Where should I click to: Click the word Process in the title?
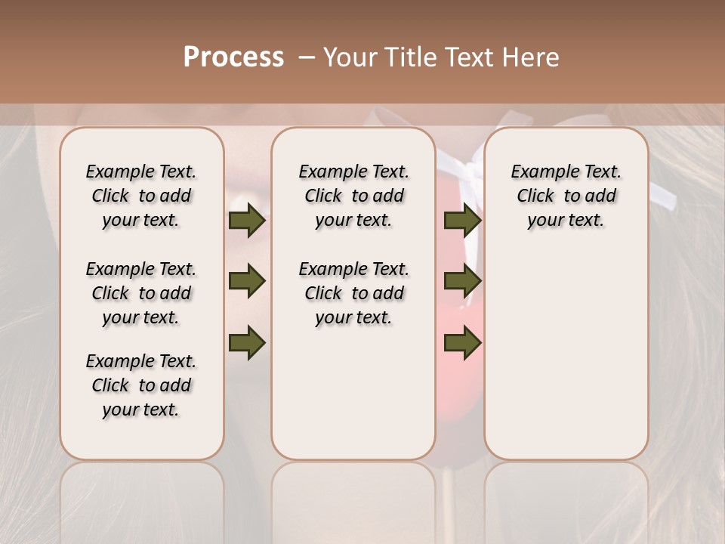(x=233, y=57)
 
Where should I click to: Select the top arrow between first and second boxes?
(x=247, y=221)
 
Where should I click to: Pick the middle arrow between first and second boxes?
(x=247, y=282)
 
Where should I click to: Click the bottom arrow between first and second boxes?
(x=247, y=342)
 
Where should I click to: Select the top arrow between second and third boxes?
(x=462, y=221)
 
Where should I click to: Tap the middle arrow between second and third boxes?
(x=462, y=282)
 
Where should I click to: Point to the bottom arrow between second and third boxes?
(x=462, y=342)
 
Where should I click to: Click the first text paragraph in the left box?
(x=141, y=196)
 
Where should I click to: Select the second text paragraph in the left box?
(x=141, y=293)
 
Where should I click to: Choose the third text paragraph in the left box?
(x=141, y=385)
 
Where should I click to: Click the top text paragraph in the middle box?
(x=353, y=196)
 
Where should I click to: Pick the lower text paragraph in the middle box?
(x=353, y=293)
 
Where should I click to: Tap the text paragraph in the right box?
(x=566, y=196)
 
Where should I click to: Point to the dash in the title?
(x=307, y=58)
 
